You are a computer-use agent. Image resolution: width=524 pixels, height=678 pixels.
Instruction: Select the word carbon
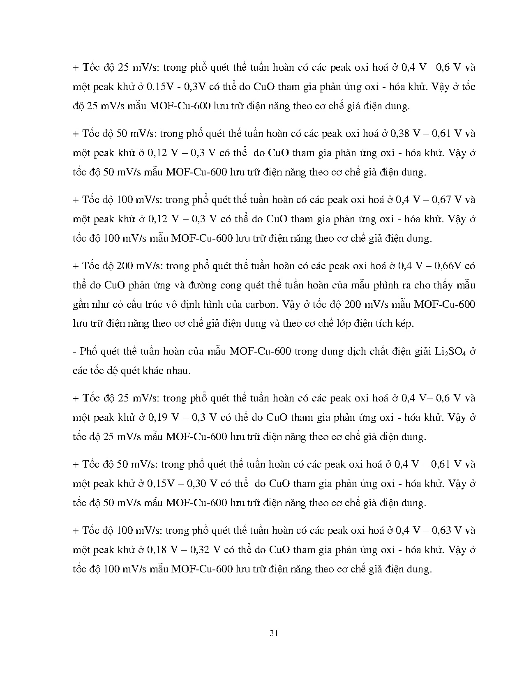click(x=260, y=304)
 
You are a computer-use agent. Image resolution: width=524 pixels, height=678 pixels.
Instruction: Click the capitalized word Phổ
click(x=87, y=352)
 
